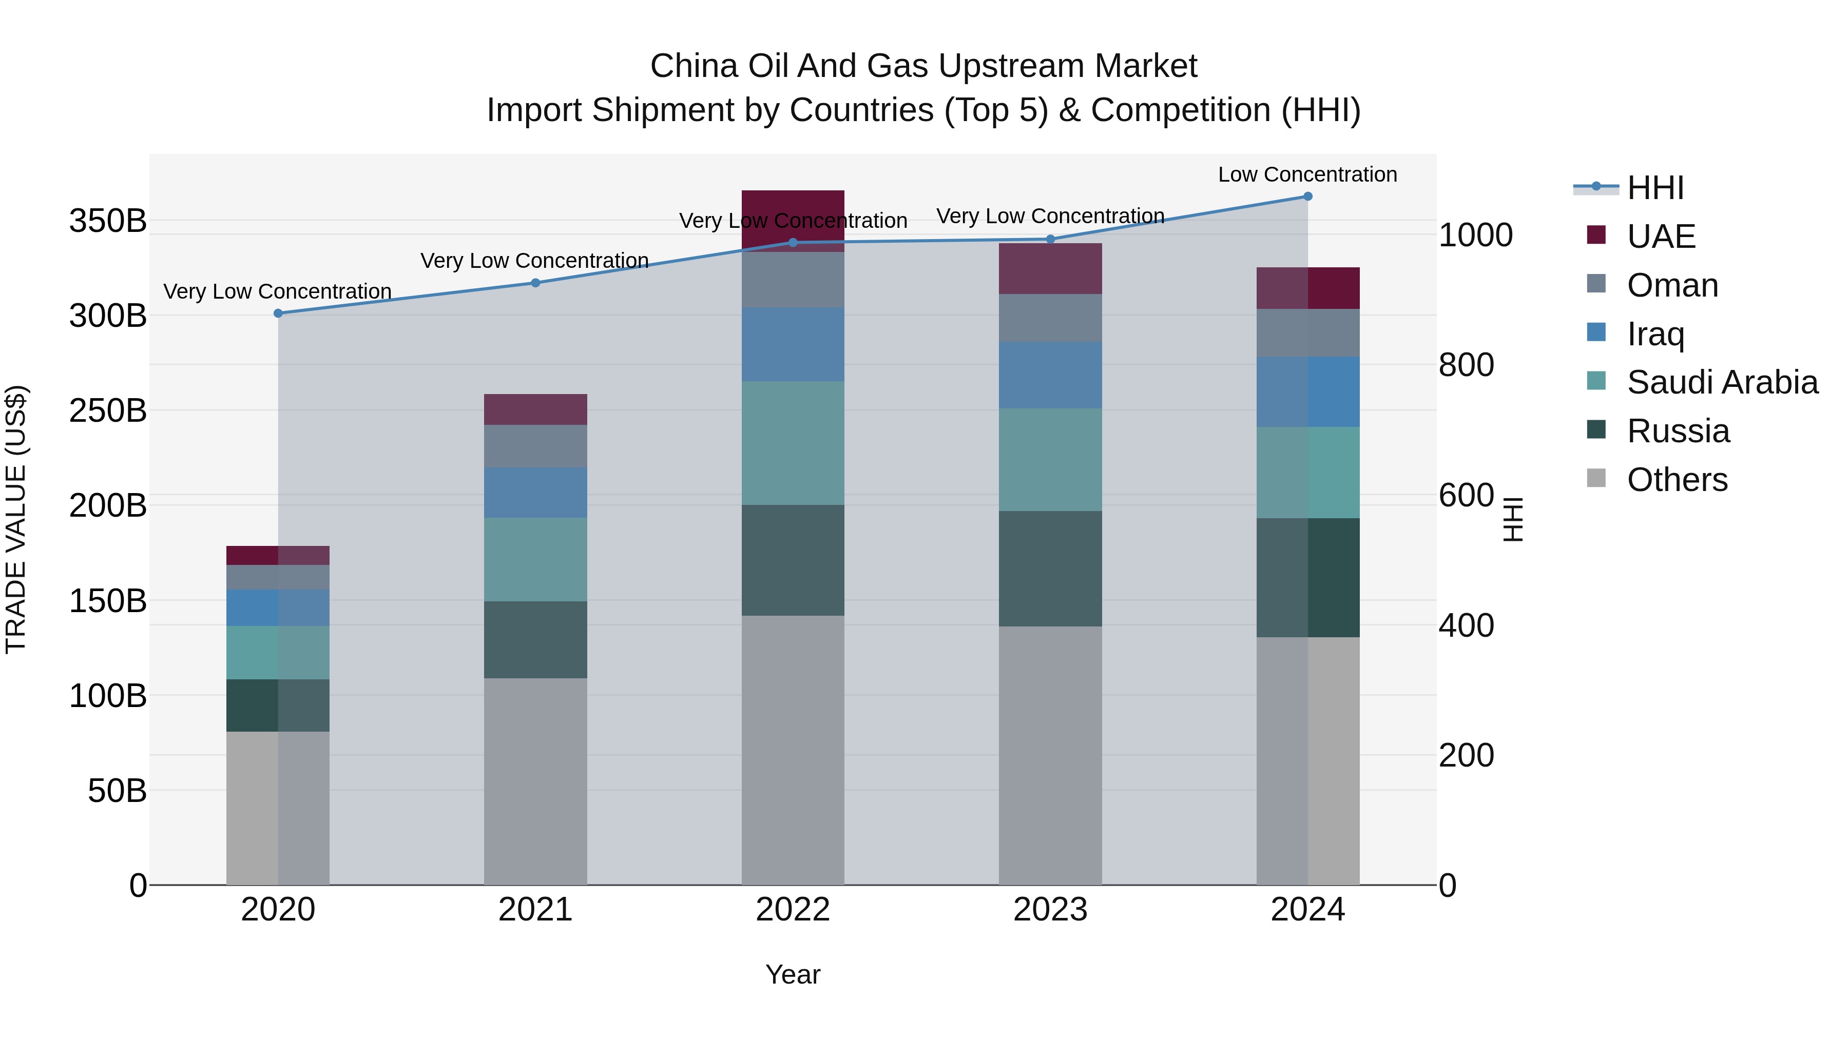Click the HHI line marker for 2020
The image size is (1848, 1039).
pos(278,313)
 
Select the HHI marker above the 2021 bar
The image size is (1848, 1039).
pos(535,283)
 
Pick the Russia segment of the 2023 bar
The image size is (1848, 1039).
pos(1050,568)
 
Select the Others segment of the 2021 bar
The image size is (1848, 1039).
pos(535,781)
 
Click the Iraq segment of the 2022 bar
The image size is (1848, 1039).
pos(793,344)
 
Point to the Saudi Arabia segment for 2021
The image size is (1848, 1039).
pos(535,559)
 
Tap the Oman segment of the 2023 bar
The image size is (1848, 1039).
pos(1050,318)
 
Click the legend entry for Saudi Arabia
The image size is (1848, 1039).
pos(1722,382)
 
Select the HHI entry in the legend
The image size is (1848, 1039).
pos(1655,188)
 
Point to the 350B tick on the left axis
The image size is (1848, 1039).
pos(108,221)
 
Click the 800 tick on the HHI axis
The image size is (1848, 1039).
pos(1466,365)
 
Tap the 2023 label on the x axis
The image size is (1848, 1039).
pos(1050,910)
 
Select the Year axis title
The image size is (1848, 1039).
pos(793,974)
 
